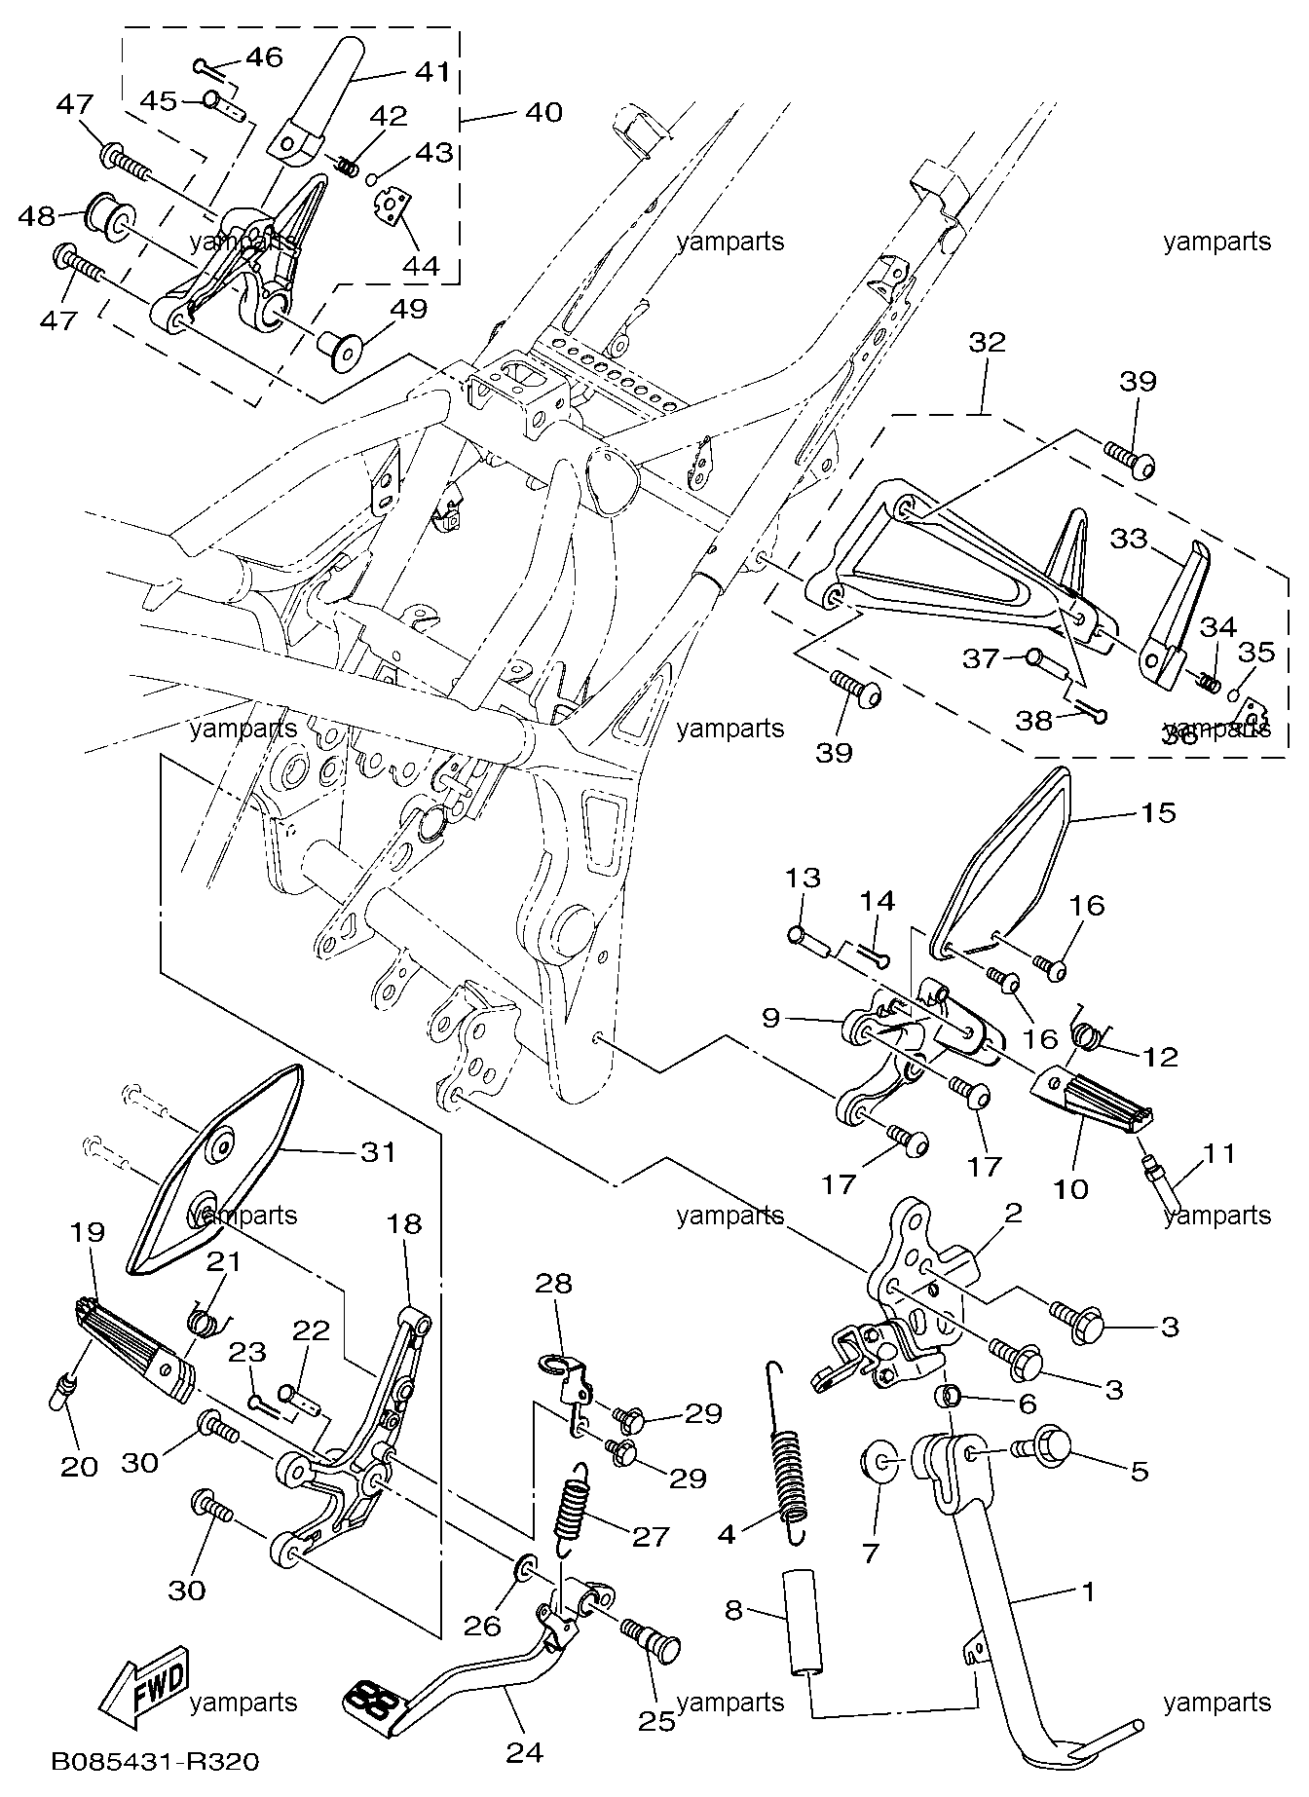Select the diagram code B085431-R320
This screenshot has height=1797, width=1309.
click(x=157, y=1762)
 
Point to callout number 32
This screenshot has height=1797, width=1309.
click(x=987, y=343)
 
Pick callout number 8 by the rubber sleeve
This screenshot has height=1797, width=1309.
click(x=734, y=1610)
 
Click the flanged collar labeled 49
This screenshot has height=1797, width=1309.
click(x=341, y=347)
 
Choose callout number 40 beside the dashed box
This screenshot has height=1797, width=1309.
click(x=543, y=113)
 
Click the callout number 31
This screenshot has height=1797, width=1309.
click(x=378, y=1151)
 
